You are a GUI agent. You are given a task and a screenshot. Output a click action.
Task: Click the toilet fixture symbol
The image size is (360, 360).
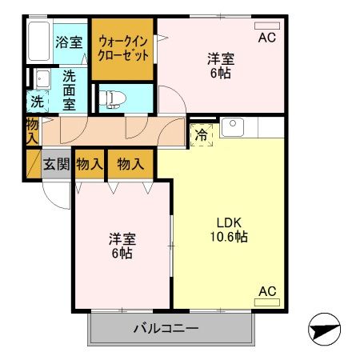click(x=112, y=98)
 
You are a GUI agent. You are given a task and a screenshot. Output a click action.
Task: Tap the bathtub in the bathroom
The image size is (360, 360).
click(x=39, y=42)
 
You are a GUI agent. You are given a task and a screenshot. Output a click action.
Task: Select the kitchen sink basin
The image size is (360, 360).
click(x=233, y=127)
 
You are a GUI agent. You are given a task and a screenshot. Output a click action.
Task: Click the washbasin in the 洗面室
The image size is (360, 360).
click(x=42, y=79)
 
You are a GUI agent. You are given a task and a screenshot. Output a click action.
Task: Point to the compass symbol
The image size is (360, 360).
click(x=324, y=330)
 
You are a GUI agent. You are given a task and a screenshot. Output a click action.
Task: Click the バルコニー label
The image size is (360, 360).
click(x=166, y=328)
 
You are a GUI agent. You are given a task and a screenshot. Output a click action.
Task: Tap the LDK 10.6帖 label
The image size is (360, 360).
click(x=229, y=230)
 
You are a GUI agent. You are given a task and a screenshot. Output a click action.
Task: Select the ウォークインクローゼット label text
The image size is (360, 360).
click(x=123, y=49)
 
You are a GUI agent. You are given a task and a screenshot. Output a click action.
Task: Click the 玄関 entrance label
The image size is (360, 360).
click(x=57, y=164)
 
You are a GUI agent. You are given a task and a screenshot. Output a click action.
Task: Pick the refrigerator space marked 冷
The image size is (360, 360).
click(x=202, y=135)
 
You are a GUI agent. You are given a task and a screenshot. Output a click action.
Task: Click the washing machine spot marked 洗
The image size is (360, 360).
click(x=38, y=102)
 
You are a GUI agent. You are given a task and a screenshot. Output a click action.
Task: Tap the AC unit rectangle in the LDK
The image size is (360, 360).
click(x=267, y=302)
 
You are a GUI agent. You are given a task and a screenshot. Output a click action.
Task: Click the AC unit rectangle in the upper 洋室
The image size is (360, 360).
click(x=267, y=26)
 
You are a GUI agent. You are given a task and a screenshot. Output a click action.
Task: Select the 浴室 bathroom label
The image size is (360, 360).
click(x=69, y=42)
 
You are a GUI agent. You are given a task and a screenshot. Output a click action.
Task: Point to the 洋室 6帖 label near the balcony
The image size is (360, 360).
click(x=122, y=246)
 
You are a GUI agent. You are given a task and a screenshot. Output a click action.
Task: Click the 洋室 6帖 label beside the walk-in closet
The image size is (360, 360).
click(x=221, y=66)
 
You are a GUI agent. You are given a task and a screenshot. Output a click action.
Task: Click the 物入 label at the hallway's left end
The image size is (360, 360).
click(x=33, y=131)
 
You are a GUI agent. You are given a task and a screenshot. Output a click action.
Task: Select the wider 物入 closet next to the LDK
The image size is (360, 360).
click(x=130, y=164)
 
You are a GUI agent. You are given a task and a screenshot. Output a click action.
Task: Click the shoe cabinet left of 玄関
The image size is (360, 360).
click(x=34, y=164)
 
